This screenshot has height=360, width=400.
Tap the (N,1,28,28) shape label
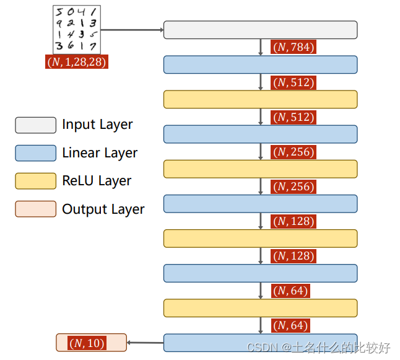coord(77,62)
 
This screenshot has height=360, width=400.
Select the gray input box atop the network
coord(260,30)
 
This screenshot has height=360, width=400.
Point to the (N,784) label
coord(293,47)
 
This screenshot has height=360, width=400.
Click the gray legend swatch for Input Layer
coord(35,125)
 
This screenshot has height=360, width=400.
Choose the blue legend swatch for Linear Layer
coord(35,153)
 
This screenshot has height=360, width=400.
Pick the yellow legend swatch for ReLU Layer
coord(35,181)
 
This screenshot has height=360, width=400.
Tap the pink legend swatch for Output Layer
coord(35,209)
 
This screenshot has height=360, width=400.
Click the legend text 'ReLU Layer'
coord(97,181)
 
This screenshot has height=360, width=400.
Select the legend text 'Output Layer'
coord(103,209)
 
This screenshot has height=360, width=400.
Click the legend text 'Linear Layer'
coord(100,153)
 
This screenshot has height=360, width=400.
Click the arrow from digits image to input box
coord(132,29)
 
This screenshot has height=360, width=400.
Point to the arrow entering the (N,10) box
coord(145,343)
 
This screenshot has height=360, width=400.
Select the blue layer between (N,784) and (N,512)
coord(260,64)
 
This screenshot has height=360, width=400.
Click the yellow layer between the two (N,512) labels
coord(260,99)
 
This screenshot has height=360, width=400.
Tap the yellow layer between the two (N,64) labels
coord(260,308)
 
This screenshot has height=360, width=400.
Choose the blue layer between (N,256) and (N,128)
coord(260,204)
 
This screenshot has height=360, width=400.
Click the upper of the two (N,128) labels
coord(293,221)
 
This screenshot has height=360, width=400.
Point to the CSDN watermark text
coord(318,348)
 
